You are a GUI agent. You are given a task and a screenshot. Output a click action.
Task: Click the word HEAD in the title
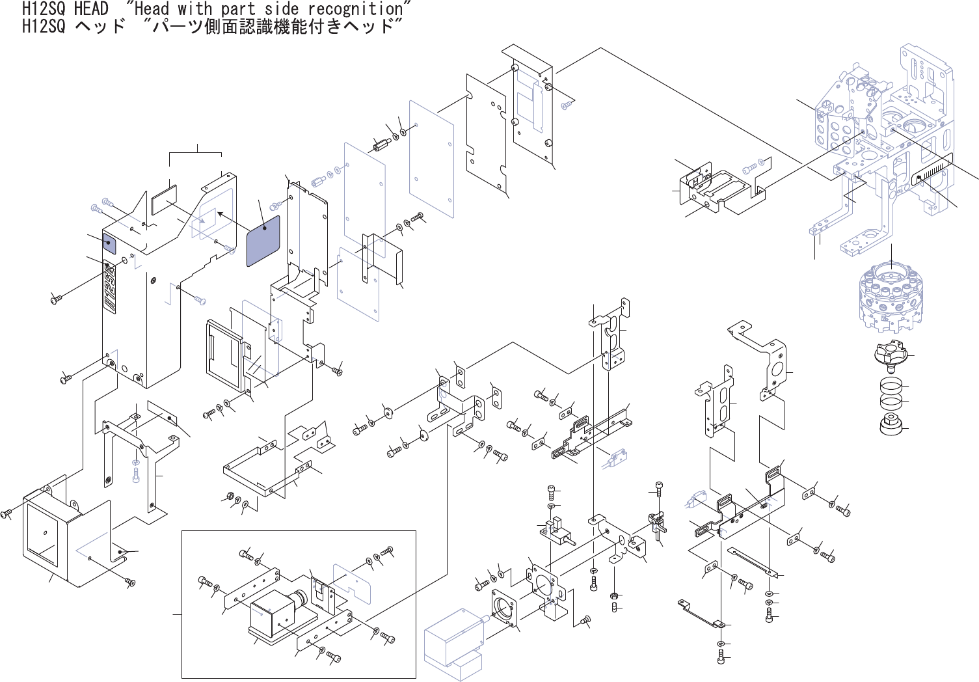90,8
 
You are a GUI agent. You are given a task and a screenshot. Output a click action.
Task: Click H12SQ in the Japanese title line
44,26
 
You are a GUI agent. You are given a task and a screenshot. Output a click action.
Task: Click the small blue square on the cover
109,244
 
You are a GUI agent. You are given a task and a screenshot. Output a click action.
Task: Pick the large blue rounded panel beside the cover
263,240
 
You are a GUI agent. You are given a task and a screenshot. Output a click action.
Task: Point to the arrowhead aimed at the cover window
221,213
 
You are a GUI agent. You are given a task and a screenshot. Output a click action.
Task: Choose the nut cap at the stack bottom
891,426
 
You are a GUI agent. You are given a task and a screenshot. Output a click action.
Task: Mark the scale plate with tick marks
933,171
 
